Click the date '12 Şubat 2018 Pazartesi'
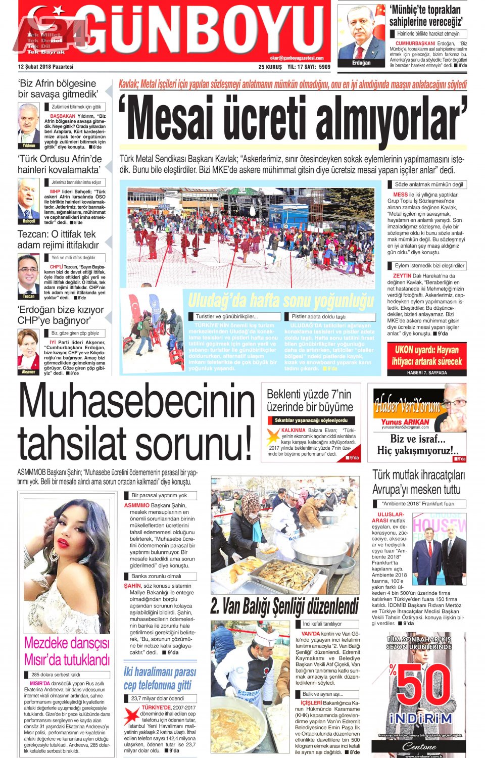45,67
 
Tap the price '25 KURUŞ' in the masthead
270,67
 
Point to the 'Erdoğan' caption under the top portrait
361,63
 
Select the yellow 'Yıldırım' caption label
29,146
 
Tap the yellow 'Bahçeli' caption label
29,221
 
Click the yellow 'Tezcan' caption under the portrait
29,296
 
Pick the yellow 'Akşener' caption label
29,372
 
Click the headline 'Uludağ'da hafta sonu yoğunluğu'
281,301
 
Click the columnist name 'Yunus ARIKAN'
405,421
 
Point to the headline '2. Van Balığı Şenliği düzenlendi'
284,606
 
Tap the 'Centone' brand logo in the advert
419,746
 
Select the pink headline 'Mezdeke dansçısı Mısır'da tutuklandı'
67,651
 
